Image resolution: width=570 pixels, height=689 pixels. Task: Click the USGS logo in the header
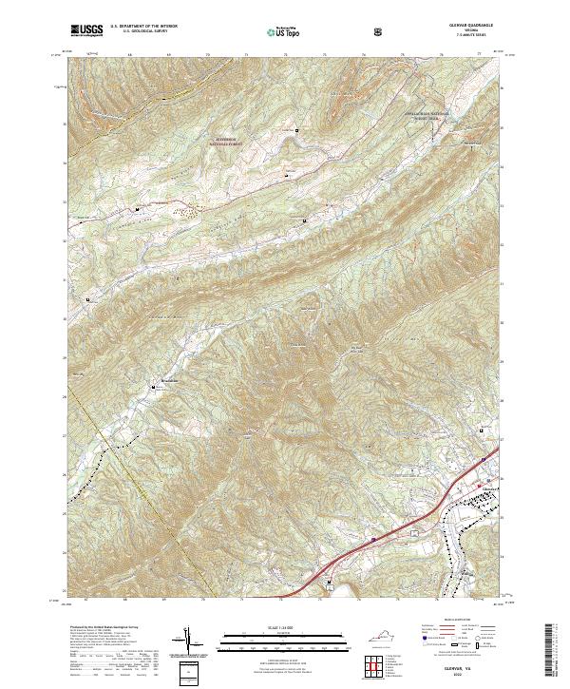click(86, 32)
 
